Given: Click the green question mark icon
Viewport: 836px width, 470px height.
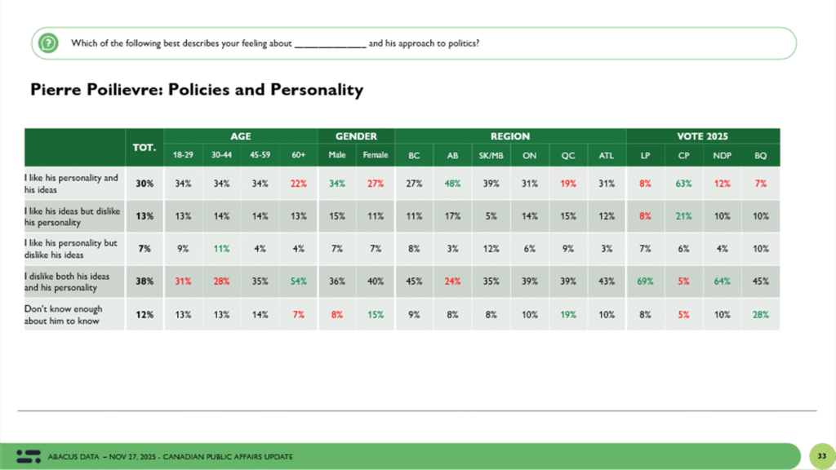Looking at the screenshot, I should [x=49, y=42].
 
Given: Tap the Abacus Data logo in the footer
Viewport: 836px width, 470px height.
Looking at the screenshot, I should [x=28, y=455].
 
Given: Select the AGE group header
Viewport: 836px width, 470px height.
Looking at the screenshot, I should [x=240, y=136].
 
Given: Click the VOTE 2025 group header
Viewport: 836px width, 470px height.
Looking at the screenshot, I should [x=702, y=136].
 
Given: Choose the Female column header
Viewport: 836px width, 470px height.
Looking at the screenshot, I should [x=376, y=155].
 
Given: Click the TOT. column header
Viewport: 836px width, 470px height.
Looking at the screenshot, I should [x=145, y=146].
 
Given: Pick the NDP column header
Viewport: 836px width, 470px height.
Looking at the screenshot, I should [x=721, y=155].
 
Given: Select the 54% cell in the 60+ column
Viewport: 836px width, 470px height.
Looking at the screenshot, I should [x=298, y=282].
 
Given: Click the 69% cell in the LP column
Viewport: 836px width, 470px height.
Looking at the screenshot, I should [x=645, y=282].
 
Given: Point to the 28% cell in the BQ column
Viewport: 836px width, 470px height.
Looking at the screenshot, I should [x=760, y=314].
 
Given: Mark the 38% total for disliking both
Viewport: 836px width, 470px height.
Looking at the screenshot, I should [x=145, y=282].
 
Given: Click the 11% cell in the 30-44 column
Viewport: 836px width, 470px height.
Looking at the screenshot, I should [x=220, y=249].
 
